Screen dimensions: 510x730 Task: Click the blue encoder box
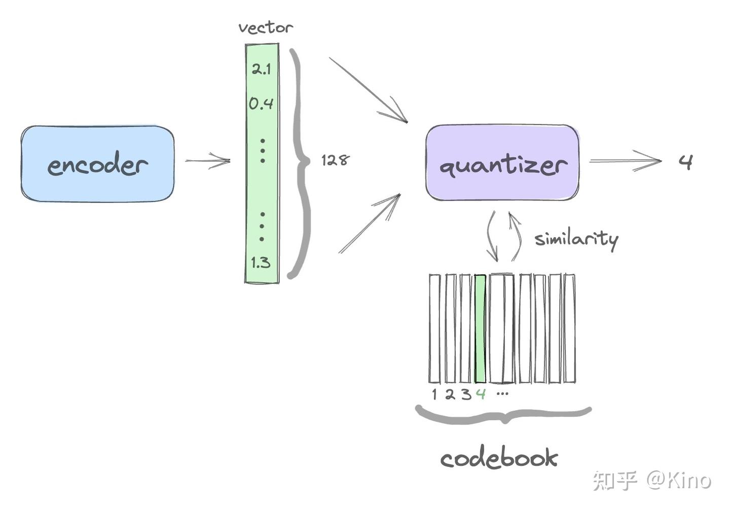point(97,164)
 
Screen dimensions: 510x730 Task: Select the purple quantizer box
point(502,163)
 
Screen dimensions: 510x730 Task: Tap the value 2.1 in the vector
point(262,68)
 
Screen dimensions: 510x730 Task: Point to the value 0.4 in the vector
point(261,104)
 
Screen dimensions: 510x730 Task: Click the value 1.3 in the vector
point(261,263)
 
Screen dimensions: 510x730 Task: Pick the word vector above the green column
point(265,27)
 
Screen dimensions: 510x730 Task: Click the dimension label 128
point(335,160)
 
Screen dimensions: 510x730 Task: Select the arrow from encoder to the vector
point(207,161)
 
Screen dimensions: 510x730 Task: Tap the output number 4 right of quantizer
point(685,162)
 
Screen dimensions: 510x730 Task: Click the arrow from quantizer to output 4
point(626,161)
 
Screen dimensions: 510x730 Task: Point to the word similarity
point(576,239)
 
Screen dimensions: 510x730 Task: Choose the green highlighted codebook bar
point(480,329)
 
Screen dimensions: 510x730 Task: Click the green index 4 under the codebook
point(481,393)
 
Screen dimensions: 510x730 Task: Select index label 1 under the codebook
point(434,394)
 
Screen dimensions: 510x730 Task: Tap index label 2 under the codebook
point(450,394)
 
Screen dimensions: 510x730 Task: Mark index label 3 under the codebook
point(465,394)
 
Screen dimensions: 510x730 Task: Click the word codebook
point(499,458)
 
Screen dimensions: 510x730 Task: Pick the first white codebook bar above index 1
point(434,329)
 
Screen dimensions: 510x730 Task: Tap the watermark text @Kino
point(679,480)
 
